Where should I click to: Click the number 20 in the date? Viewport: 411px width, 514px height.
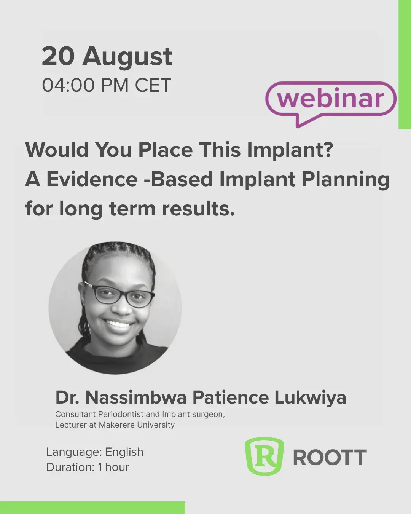click(x=58, y=56)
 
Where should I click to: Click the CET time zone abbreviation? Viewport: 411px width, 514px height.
click(x=153, y=85)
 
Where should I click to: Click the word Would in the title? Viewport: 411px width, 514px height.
click(x=57, y=150)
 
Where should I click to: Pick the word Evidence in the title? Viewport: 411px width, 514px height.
click(x=92, y=179)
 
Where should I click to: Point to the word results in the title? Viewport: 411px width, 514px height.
click(x=198, y=209)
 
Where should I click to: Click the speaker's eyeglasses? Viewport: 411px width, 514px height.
click(x=119, y=294)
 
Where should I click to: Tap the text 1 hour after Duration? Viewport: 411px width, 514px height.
click(x=113, y=467)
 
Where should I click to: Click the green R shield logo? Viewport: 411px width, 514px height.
click(x=264, y=456)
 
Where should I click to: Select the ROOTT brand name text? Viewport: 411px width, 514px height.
click(x=330, y=457)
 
